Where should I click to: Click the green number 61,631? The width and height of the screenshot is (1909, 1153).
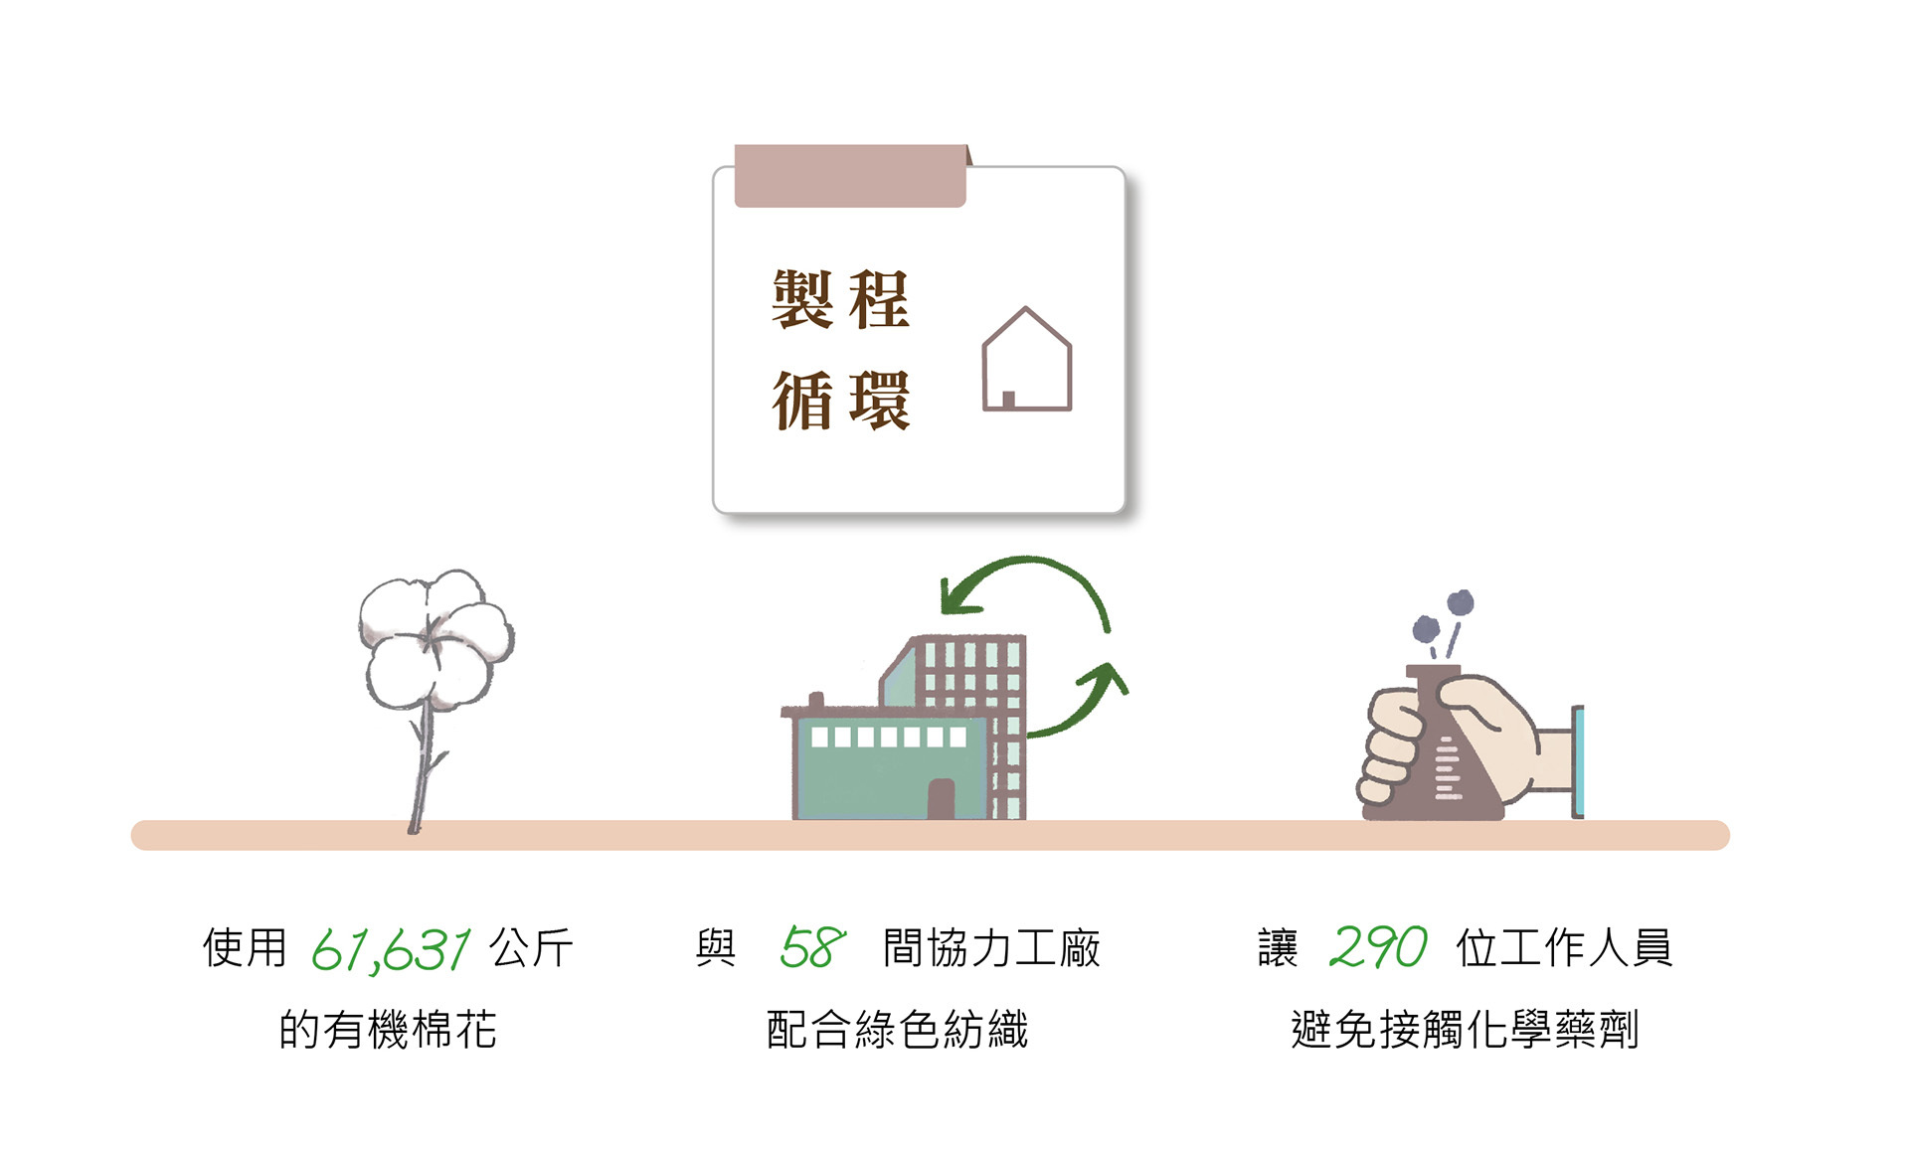[x=391, y=949]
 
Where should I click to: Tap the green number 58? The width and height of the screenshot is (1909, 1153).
[x=812, y=947]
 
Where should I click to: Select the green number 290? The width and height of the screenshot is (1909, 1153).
[x=1378, y=947]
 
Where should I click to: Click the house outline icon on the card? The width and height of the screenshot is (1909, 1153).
[x=1026, y=360]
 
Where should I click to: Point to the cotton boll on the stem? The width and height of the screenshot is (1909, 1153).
[x=434, y=638]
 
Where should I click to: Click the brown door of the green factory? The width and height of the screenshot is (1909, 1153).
[x=941, y=798]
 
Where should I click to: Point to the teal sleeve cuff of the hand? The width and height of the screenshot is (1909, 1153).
[x=1577, y=761]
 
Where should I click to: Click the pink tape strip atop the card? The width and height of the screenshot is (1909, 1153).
[x=850, y=176]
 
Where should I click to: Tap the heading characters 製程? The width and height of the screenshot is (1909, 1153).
[x=840, y=299]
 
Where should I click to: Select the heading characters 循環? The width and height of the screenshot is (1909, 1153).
[x=840, y=401]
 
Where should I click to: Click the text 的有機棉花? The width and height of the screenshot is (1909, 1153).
[x=388, y=1030]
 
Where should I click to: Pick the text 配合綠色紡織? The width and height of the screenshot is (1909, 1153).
[x=897, y=1030]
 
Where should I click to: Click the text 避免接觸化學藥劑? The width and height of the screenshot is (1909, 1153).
[x=1464, y=1030]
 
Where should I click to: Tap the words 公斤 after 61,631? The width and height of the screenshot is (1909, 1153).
[x=531, y=948]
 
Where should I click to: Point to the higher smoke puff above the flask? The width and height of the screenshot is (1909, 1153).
[x=1460, y=602]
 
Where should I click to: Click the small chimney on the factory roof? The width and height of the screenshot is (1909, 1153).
[x=816, y=701]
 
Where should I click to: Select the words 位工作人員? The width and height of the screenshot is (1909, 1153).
[x=1564, y=948]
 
